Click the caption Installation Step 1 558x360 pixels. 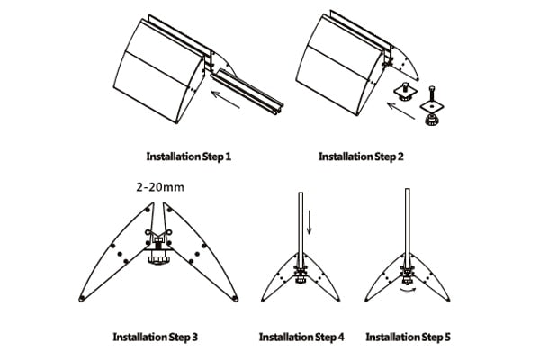pyautogui.click(x=189, y=157)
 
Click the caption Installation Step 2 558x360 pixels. pyautogui.click(x=361, y=157)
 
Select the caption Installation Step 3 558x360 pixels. pyautogui.click(x=155, y=337)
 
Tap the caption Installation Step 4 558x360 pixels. pyautogui.click(x=301, y=337)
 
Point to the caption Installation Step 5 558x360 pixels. pyautogui.click(x=408, y=337)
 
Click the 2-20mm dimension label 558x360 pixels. pyautogui.click(x=159, y=188)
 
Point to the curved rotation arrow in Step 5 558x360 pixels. pyautogui.click(x=407, y=292)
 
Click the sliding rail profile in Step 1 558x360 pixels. pyautogui.click(x=247, y=87)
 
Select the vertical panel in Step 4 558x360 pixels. pyautogui.click(x=301, y=225)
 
